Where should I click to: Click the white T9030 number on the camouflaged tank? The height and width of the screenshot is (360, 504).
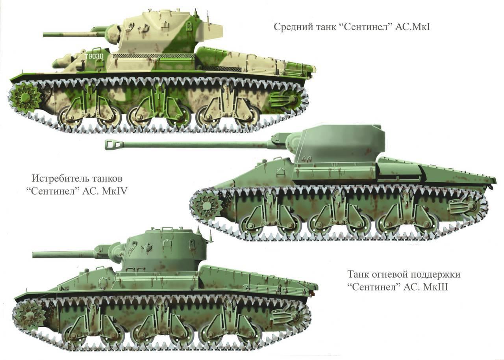pos(94,56)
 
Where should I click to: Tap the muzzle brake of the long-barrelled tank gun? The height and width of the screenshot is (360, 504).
pos(114,145)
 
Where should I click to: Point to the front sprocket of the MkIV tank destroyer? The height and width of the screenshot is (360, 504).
pos(206,206)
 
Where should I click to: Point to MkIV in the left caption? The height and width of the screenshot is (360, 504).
pos(115,191)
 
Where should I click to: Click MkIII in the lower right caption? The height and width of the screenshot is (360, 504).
pos(435,287)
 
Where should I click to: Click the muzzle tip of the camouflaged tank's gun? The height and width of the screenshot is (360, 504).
pos(44,34)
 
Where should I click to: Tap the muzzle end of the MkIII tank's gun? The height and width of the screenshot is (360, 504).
pos(33,255)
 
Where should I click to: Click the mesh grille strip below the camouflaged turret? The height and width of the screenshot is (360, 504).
pos(153,56)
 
